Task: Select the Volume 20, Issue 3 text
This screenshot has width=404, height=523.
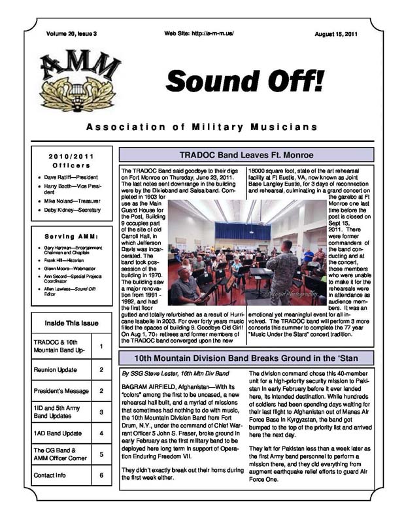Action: click(x=71, y=33)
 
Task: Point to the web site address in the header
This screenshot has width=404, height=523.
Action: click(x=199, y=33)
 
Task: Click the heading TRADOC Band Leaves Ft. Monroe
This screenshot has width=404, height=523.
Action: click(x=246, y=155)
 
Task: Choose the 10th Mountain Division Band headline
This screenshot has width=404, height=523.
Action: click(x=246, y=358)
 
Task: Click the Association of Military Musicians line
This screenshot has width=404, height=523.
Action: click(x=202, y=126)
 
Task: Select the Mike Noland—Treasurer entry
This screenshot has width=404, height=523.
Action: click(x=72, y=201)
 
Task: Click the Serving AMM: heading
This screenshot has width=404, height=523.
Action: click(x=72, y=236)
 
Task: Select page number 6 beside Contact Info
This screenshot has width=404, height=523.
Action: click(x=101, y=475)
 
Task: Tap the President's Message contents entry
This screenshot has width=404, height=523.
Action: click(x=61, y=391)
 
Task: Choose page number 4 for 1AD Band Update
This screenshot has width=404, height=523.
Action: click(x=101, y=433)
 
